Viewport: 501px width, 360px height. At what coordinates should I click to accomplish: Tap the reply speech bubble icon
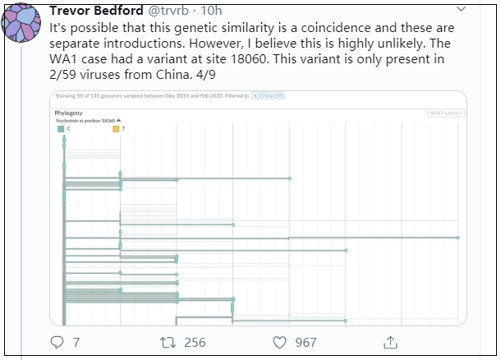tap(57, 341)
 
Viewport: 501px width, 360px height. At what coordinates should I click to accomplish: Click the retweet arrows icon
tap(167, 341)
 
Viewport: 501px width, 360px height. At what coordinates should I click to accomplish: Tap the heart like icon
tap(279, 341)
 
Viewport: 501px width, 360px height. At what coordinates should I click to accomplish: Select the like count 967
tap(306, 342)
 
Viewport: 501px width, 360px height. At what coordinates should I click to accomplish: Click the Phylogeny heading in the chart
tap(69, 111)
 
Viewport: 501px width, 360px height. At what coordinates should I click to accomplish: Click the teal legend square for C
tap(60, 129)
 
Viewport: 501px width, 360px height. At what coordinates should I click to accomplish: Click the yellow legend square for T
tap(116, 129)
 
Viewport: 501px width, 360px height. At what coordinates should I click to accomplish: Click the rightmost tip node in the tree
tap(457, 238)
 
